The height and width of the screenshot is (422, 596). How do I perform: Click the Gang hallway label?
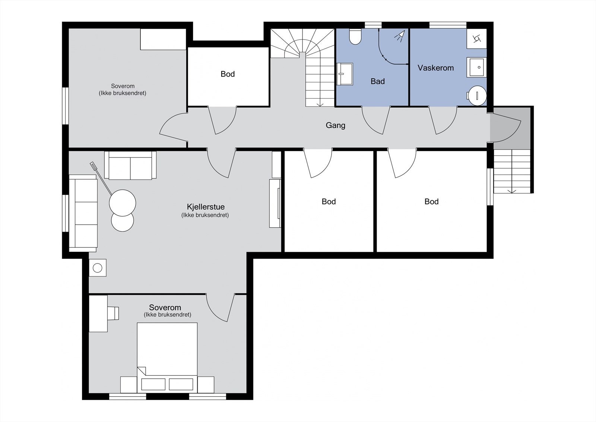336,125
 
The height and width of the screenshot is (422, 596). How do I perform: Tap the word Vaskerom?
435,68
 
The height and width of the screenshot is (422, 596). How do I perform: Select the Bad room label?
378,81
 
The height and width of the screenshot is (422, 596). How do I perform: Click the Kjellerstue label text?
206,207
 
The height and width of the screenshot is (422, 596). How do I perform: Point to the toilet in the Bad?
355,37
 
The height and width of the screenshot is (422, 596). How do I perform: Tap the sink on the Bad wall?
345,74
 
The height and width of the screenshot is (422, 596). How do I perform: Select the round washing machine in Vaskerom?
477,96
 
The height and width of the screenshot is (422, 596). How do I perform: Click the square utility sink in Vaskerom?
476,67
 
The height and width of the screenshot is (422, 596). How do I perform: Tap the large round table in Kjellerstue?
123,203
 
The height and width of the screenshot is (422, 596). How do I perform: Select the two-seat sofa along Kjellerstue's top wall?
130,165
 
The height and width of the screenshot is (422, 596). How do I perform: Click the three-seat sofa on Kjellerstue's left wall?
83,213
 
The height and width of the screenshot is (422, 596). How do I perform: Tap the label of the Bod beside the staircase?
228,74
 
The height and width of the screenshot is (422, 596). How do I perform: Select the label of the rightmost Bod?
431,201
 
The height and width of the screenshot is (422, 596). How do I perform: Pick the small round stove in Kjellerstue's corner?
97,268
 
